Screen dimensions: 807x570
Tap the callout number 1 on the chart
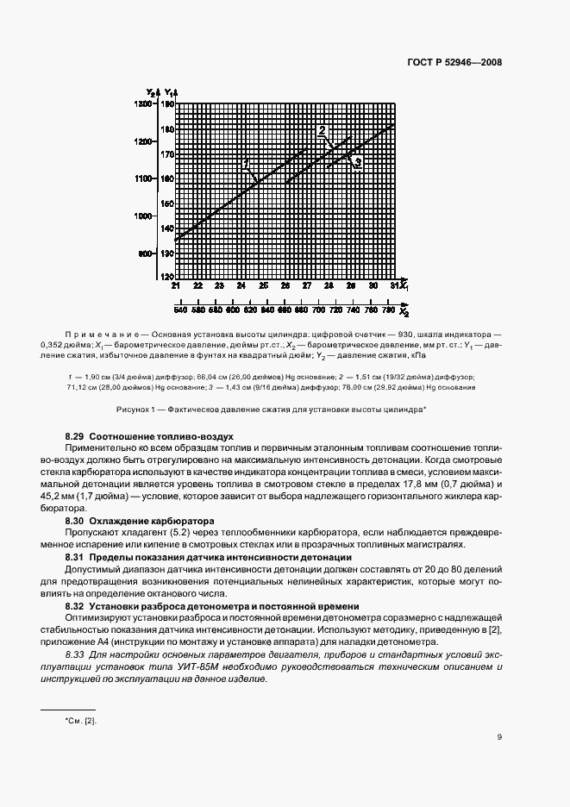(246, 163)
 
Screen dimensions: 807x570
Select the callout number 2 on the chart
(322, 132)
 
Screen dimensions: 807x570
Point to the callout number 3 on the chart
(357, 163)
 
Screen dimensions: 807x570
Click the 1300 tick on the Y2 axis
(143, 103)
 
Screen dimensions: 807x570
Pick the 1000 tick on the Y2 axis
(143, 216)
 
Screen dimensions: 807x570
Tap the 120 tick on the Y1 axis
(167, 277)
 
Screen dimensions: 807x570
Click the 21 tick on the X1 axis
(176, 285)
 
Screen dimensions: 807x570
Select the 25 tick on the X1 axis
(263, 285)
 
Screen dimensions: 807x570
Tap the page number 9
(499, 736)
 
